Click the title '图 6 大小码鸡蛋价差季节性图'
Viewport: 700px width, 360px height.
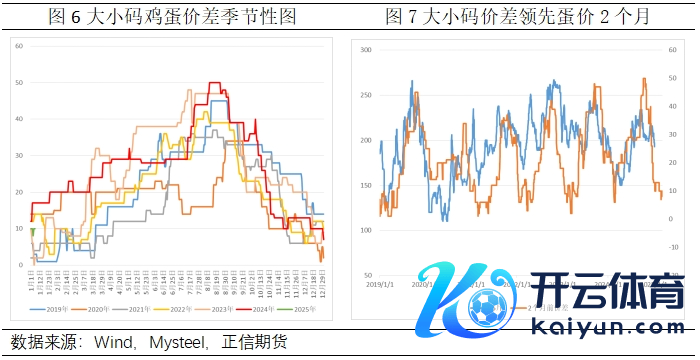click(x=173, y=16)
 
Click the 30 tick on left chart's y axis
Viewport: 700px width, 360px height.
click(x=19, y=156)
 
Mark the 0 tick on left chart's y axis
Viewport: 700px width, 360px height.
click(x=21, y=265)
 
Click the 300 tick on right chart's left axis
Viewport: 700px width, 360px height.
click(x=365, y=50)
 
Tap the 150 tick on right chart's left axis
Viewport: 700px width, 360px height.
click(x=365, y=185)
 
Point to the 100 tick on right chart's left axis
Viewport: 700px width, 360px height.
click(x=365, y=230)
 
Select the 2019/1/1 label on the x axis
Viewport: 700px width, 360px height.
click(x=380, y=284)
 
